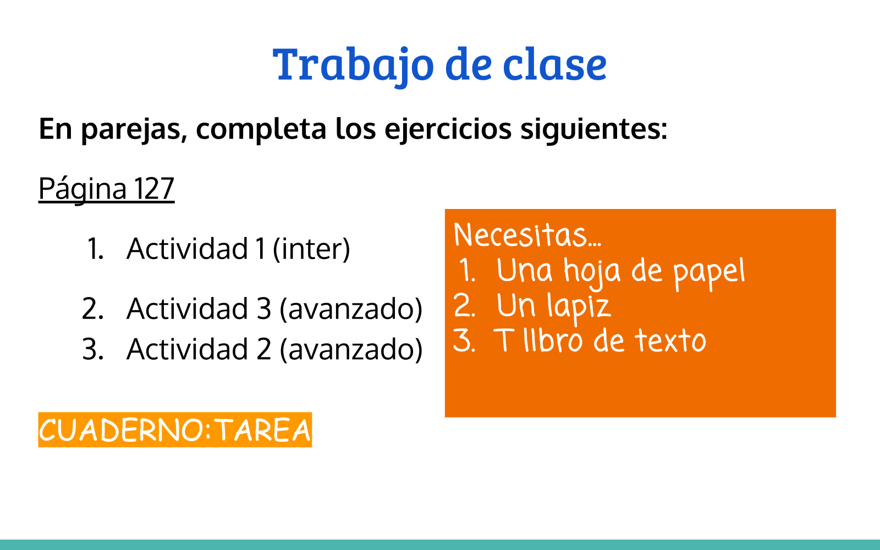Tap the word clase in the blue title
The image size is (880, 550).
point(555,64)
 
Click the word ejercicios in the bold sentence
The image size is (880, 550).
point(448,130)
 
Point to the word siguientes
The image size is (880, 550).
point(593,130)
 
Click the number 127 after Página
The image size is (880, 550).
point(154,189)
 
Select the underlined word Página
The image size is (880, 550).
point(82,190)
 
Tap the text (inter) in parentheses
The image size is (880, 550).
point(311,249)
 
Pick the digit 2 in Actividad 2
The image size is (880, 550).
point(264,349)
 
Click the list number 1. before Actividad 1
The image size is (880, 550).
point(96,249)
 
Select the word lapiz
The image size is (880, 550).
point(580,308)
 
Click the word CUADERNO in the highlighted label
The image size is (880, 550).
point(122,430)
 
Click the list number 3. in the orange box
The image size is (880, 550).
point(464,340)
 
